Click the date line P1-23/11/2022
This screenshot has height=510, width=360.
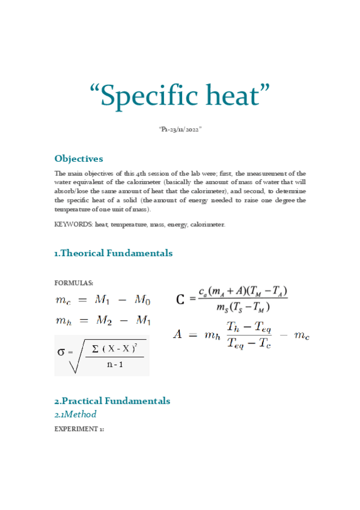[x=180, y=130]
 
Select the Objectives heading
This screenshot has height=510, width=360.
[x=79, y=159]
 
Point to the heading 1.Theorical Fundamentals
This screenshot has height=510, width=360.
[x=113, y=253]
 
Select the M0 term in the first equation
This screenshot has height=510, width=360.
[x=142, y=300]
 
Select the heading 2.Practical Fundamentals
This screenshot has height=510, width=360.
[x=112, y=401]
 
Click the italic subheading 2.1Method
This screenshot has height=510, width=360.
[x=75, y=414]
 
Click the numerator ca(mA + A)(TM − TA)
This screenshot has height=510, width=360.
[x=243, y=292]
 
